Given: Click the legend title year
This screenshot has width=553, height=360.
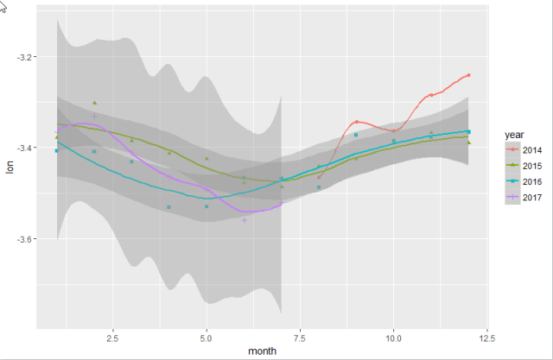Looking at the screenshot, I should [515, 135].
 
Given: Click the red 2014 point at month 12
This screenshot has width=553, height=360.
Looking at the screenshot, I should [468, 75].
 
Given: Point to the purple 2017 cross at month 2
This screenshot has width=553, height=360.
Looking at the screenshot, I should [94, 116].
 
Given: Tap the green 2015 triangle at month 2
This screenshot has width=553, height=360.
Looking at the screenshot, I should [94, 103].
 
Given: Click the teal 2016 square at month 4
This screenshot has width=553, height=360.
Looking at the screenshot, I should [169, 207].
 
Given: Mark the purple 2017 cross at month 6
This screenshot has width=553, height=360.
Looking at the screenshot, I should [245, 220].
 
